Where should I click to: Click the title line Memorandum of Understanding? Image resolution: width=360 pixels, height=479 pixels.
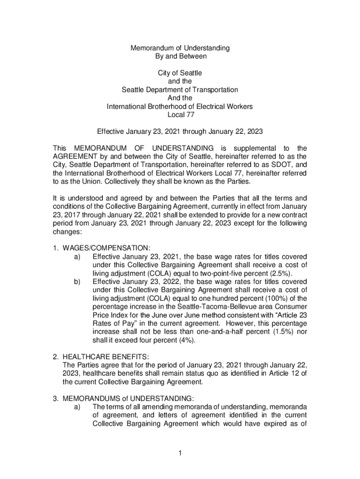coord(180,48)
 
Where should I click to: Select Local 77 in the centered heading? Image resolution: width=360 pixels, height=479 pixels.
coord(180,115)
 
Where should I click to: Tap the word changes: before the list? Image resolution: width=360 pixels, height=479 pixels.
coord(68,232)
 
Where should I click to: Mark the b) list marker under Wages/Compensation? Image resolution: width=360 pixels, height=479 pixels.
coord(77,282)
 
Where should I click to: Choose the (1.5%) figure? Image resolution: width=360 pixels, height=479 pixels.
coord(281,332)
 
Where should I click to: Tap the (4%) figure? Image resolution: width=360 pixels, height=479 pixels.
coord(186,340)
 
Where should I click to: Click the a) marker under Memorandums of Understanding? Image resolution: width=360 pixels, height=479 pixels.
coord(77,407)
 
